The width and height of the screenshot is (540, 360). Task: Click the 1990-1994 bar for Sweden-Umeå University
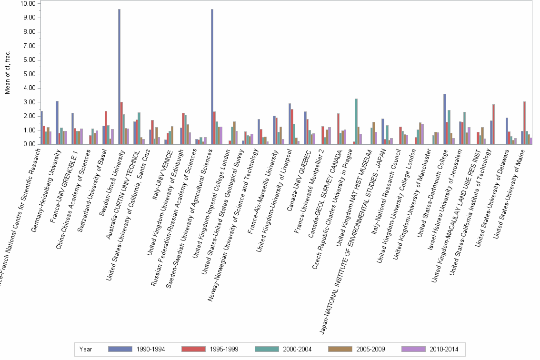point(119,76)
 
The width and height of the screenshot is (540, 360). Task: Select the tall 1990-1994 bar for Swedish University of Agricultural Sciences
point(212,76)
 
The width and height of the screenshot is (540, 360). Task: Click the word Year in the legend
point(86,349)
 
